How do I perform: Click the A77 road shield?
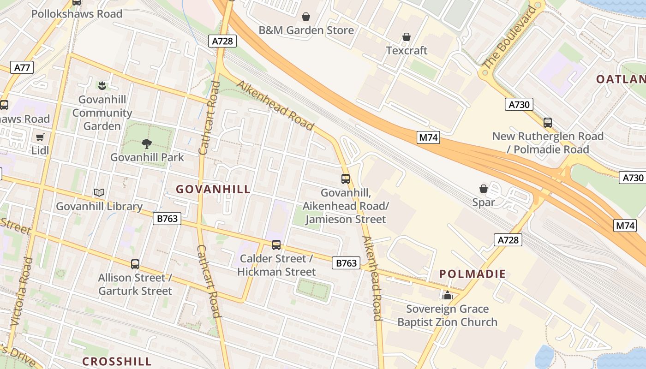tap(22, 68)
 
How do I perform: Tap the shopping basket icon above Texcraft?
tap(407, 37)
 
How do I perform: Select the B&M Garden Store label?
tap(306, 30)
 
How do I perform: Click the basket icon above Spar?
tap(484, 189)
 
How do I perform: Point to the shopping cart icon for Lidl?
tap(40, 137)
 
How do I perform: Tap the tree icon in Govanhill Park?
tap(147, 144)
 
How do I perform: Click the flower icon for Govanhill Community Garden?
tap(102, 85)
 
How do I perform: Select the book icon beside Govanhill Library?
tap(99, 193)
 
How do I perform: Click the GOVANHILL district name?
tap(213, 189)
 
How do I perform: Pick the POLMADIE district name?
tap(473, 274)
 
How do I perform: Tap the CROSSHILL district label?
tap(117, 361)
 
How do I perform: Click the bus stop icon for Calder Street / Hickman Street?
tap(276, 245)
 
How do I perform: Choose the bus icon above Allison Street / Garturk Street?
tap(135, 264)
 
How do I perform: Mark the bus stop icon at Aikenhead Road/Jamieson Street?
tap(346, 179)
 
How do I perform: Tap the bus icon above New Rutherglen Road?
tap(548, 123)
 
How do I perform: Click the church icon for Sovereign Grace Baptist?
tap(447, 295)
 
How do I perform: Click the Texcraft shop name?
tap(407, 50)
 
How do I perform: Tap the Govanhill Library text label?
tap(99, 206)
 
